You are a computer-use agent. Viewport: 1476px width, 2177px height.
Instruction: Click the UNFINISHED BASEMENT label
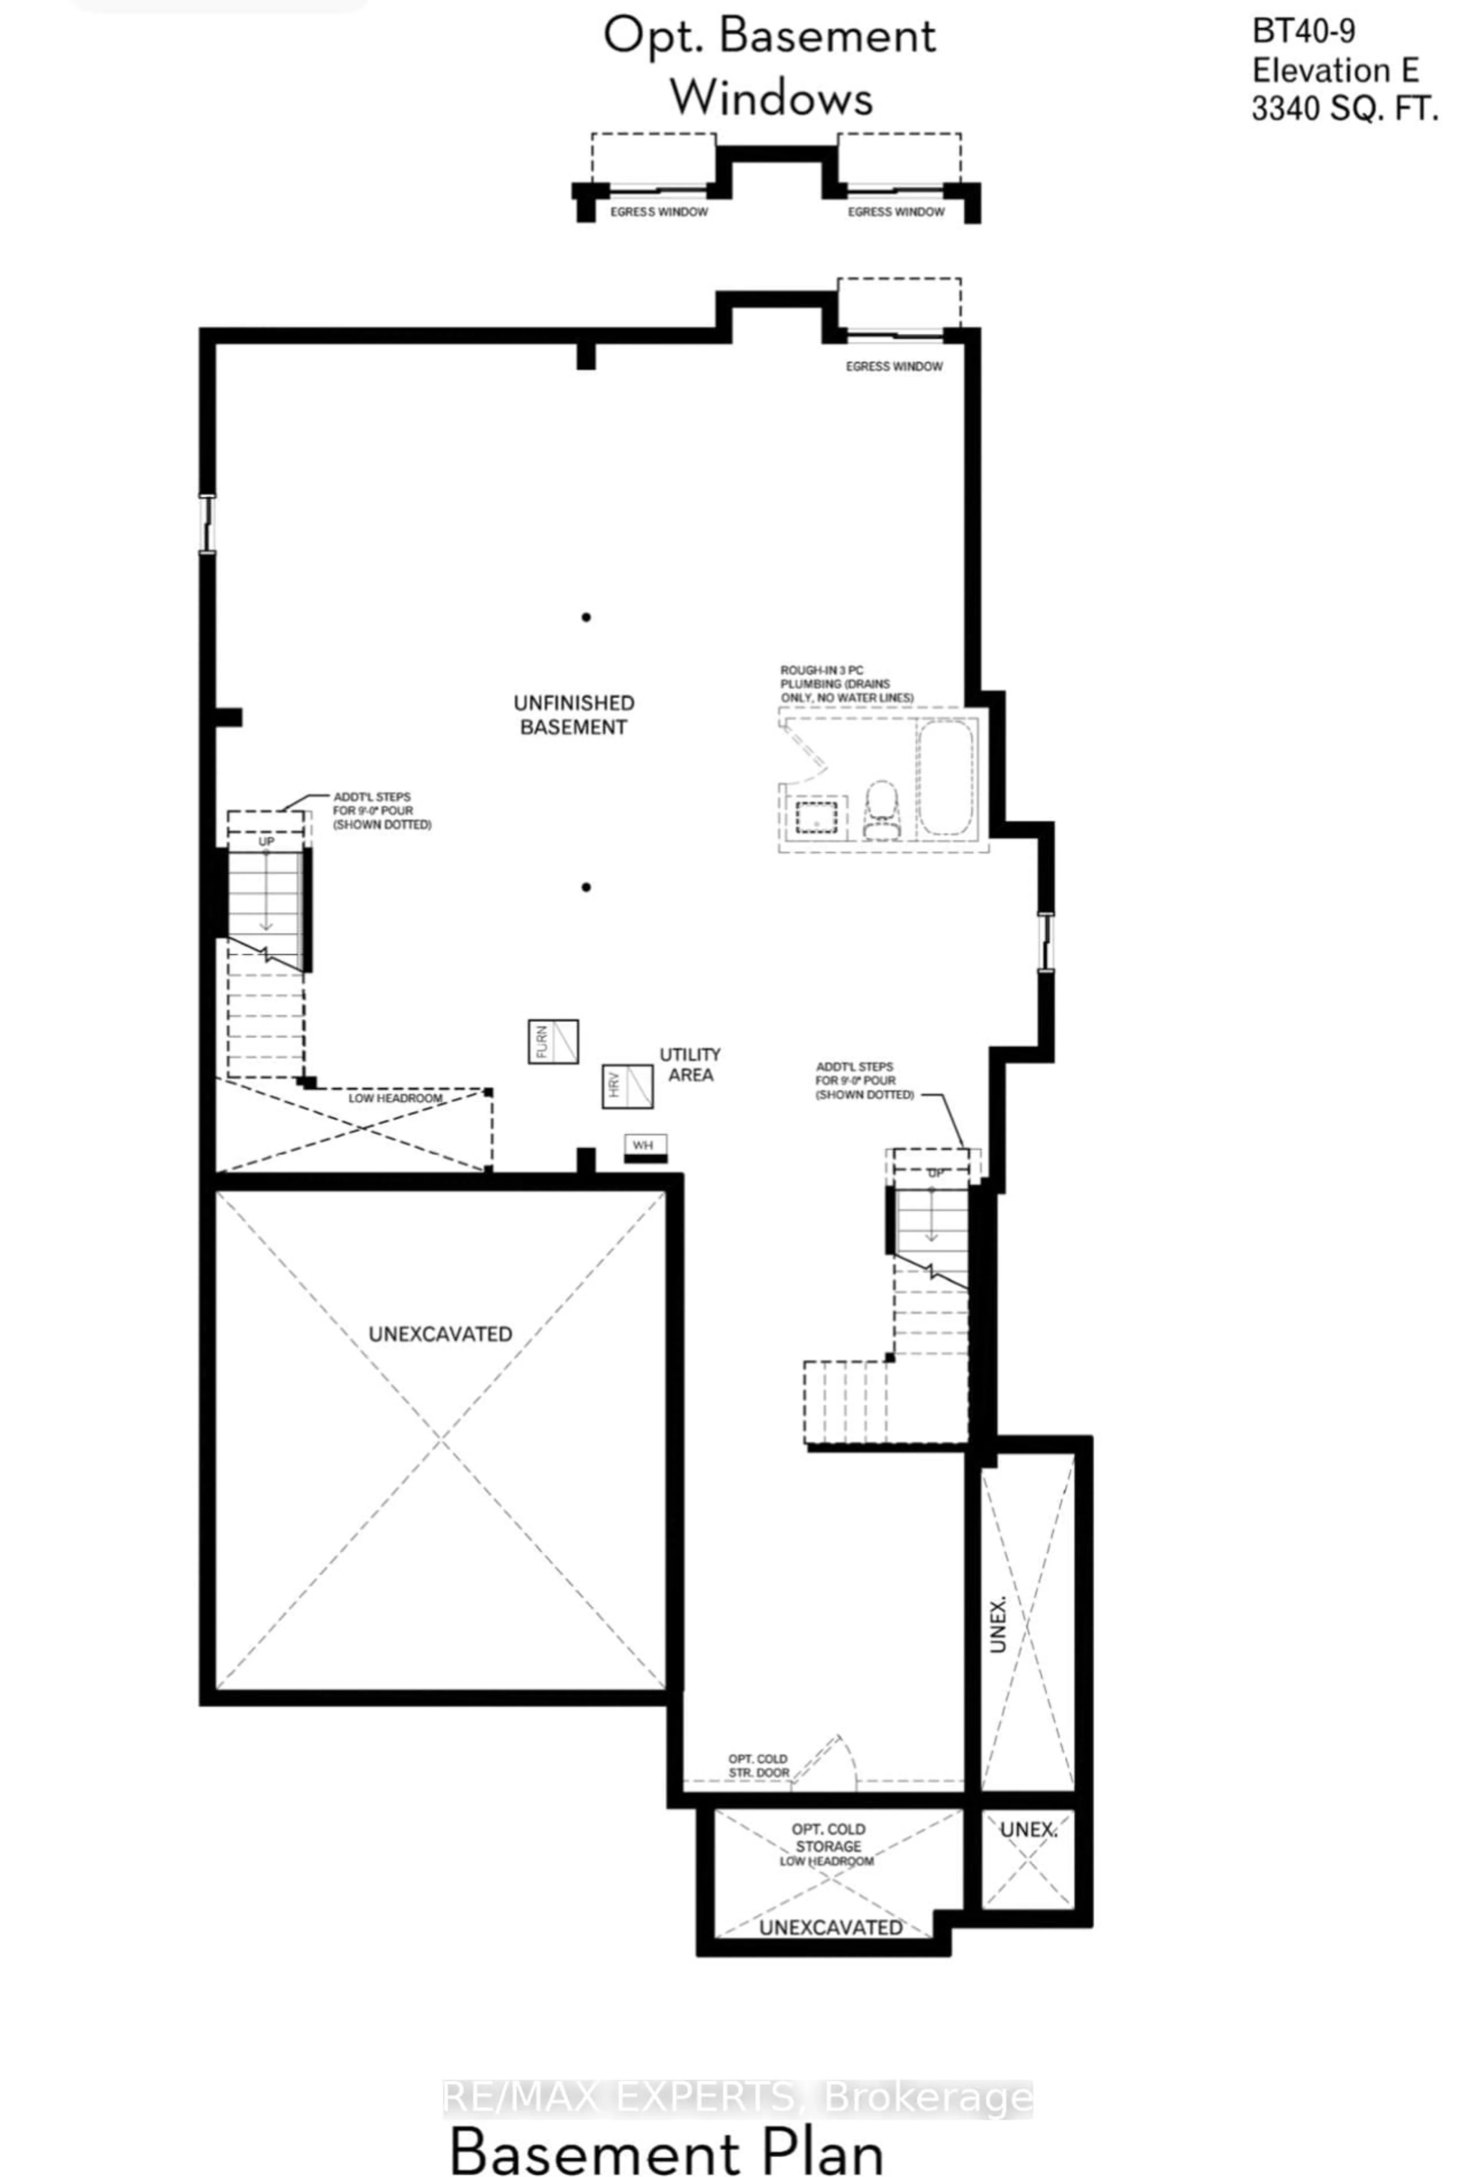[573, 715]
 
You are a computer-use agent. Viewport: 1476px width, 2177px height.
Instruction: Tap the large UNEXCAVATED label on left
[440, 1334]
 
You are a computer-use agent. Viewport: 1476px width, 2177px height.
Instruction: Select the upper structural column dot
[586, 617]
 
